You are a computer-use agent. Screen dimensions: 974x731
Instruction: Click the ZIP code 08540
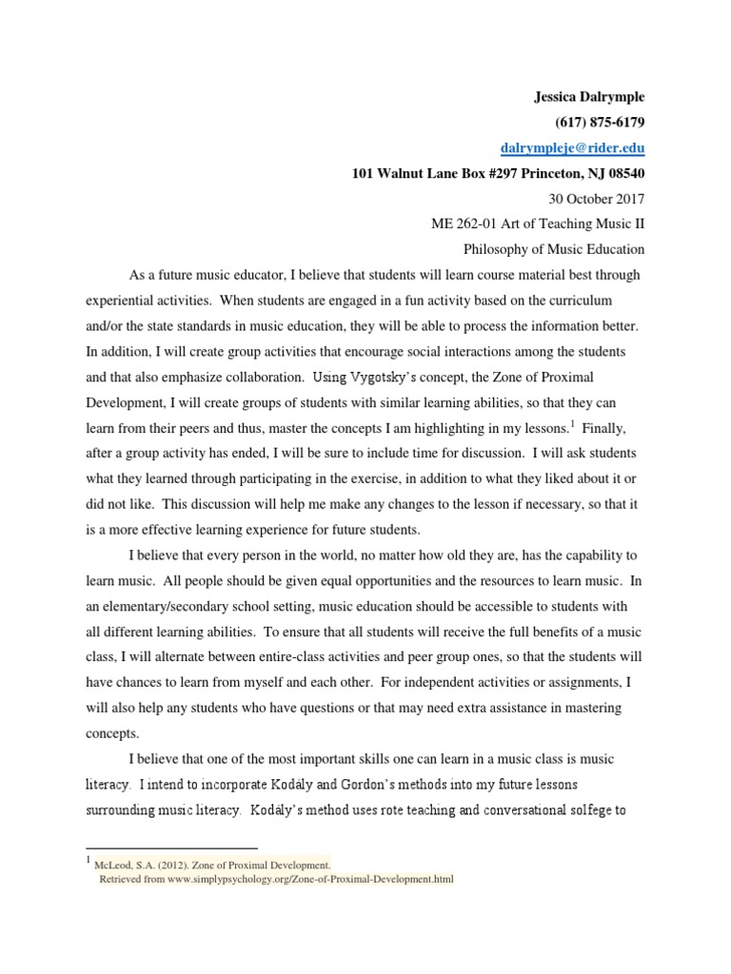(622, 173)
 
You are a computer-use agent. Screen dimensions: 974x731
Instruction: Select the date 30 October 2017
(597, 199)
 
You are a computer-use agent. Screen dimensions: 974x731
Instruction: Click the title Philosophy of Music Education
(553, 250)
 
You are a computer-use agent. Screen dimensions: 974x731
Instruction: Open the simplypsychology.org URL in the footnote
(299, 879)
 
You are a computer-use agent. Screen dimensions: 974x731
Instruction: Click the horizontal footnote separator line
(171, 847)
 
